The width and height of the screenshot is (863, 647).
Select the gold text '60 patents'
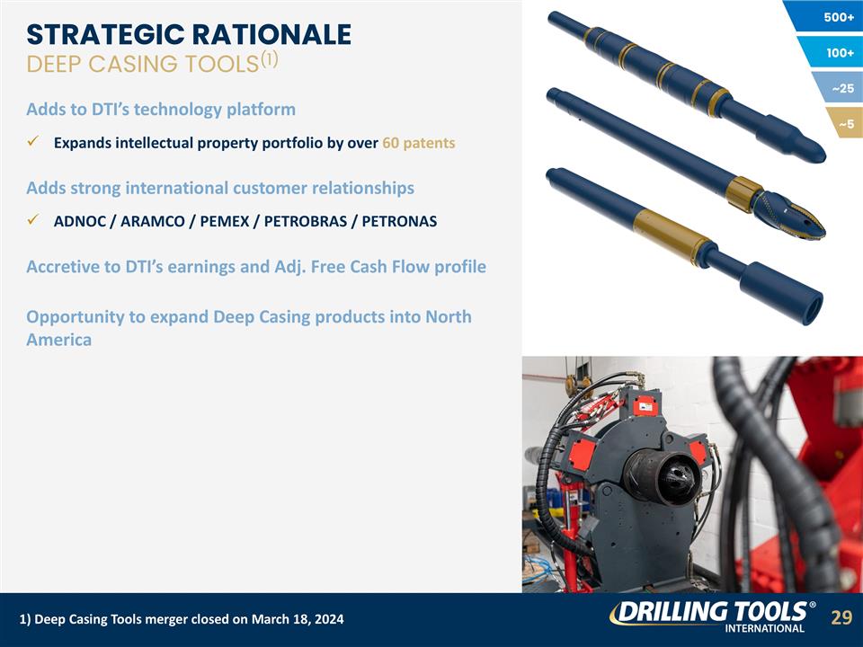[418, 143]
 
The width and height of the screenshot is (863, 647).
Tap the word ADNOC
[79, 221]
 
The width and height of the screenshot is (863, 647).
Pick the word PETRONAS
[399, 221]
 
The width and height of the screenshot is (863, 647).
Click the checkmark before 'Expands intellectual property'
[32, 143]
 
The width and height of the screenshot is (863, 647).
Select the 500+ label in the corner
[838, 17]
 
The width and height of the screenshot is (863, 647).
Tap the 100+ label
[840, 53]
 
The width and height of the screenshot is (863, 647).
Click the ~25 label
[843, 89]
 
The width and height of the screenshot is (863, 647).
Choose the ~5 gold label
[847, 124]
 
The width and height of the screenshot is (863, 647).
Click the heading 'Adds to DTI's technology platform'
[161, 110]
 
